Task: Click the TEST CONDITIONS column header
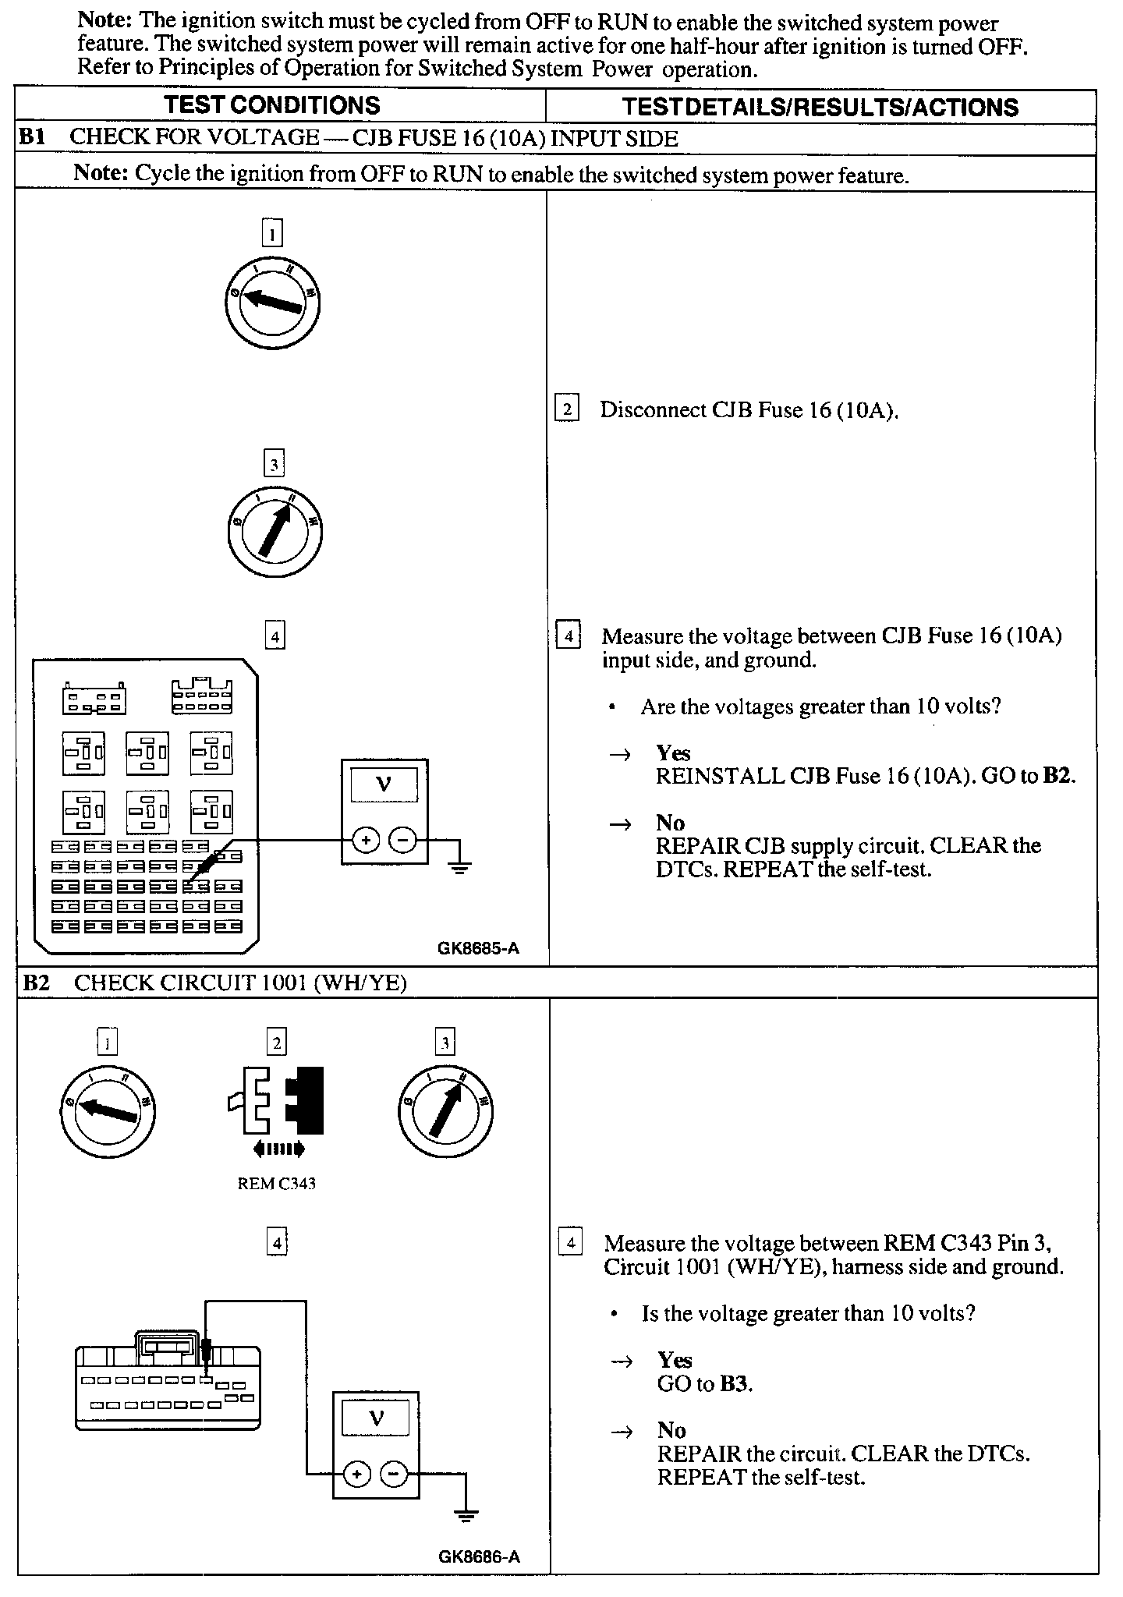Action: (272, 105)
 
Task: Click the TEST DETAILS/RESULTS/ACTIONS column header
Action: (820, 107)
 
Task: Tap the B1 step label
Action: (32, 137)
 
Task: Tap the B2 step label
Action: (36, 983)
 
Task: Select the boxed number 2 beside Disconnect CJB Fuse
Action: (567, 409)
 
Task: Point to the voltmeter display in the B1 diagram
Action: (384, 784)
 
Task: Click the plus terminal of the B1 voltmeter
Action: (367, 840)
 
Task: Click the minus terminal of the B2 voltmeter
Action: (392, 1474)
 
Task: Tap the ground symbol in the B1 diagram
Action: (459, 866)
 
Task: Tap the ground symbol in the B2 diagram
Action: (466, 1515)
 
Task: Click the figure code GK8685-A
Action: (478, 949)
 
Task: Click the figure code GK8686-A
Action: (479, 1556)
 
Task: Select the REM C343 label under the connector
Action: (276, 1183)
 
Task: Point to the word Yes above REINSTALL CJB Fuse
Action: (673, 752)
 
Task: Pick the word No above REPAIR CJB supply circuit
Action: (671, 823)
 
